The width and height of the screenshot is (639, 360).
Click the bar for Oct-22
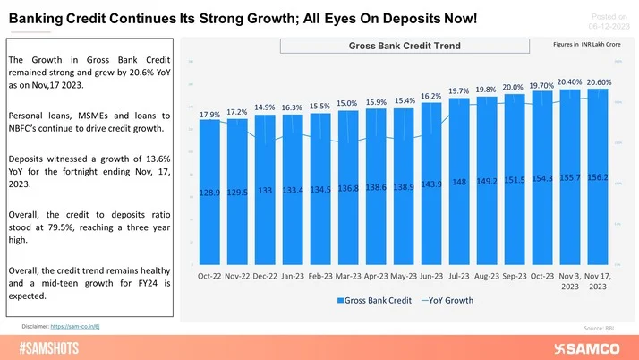(x=209, y=193)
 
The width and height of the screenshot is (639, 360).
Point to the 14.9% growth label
(x=265, y=107)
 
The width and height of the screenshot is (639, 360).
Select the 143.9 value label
(x=431, y=184)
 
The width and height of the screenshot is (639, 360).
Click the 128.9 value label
(x=209, y=193)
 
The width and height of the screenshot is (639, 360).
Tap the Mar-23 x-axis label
(x=348, y=278)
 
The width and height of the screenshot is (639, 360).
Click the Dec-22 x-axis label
(x=265, y=278)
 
